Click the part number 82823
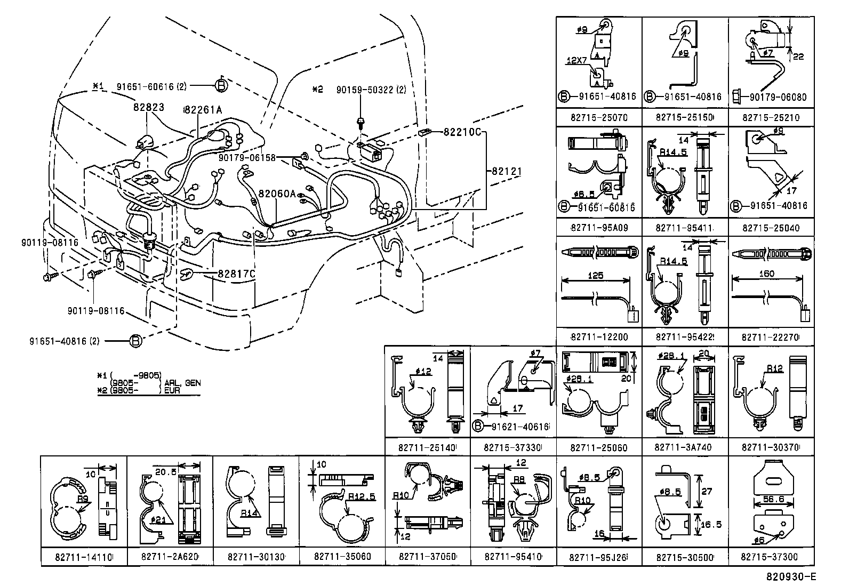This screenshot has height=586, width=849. click(x=149, y=107)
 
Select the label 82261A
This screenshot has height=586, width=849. click(x=203, y=110)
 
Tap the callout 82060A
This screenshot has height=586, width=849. click(x=277, y=194)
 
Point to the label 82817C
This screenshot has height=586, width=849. click(x=237, y=274)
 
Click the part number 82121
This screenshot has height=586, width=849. click(x=506, y=171)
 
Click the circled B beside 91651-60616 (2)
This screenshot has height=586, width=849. click(x=222, y=85)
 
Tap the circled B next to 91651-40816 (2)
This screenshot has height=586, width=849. click(x=136, y=341)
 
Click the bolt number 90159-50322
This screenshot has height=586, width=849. click(x=364, y=90)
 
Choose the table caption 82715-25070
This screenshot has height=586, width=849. click(x=598, y=117)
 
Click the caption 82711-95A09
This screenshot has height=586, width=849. click(x=599, y=228)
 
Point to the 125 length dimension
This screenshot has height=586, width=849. click(x=595, y=276)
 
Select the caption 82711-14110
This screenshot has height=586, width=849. click(x=84, y=557)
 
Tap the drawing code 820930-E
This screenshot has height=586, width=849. click(x=791, y=576)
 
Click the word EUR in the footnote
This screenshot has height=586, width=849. click(x=173, y=390)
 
